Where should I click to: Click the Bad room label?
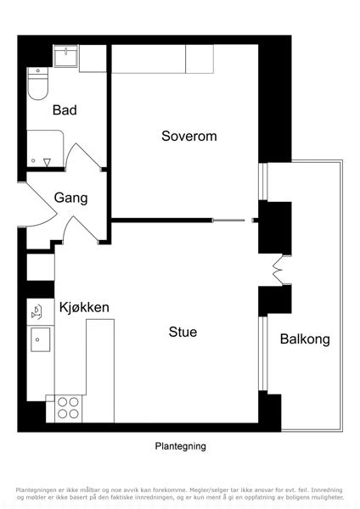(65, 110)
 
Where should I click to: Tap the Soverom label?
(189, 136)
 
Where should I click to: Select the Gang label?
(70, 198)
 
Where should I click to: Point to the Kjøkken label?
(84, 307)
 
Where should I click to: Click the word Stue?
(183, 332)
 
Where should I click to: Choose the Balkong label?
(305, 339)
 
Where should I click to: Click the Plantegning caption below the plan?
(180, 446)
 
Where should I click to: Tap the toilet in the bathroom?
(37, 83)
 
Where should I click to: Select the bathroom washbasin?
(65, 56)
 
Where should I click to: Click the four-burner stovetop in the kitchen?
(68, 408)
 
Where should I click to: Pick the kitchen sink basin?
(40, 339)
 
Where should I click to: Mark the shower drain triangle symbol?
(47, 162)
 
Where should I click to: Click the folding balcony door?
(278, 271)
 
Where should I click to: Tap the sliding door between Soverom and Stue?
(228, 221)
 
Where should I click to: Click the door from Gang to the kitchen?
(82, 230)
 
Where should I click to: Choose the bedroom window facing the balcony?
(263, 182)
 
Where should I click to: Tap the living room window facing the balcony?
(263, 353)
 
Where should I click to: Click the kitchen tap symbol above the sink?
(37, 311)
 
